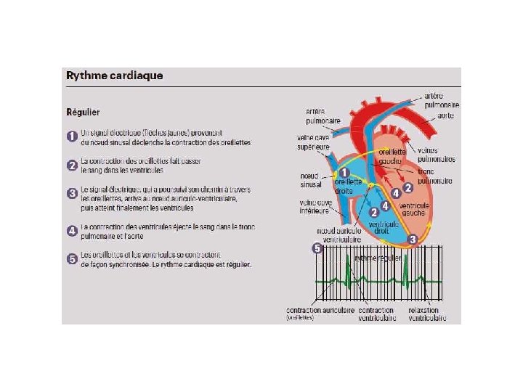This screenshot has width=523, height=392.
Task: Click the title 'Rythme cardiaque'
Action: pyautogui.click(x=115, y=75)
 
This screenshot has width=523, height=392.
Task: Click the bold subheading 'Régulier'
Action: pyautogui.click(x=84, y=113)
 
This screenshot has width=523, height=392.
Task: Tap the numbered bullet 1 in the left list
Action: pyautogui.click(x=72, y=136)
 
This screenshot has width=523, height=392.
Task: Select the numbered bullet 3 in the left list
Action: pyautogui.click(x=72, y=194)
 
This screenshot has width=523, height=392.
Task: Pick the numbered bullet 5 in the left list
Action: pyautogui.click(x=72, y=258)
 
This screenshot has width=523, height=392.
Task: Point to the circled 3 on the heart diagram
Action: pyautogui.click(x=412, y=239)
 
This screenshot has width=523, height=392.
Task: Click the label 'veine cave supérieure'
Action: pyautogui.click(x=313, y=141)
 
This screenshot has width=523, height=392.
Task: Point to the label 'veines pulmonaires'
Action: pyautogui.click(x=437, y=154)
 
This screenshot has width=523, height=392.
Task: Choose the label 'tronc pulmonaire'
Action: pyautogui.click(x=434, y=176)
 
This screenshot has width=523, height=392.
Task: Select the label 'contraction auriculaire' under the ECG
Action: pyautogui.click(x=320, y=310)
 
